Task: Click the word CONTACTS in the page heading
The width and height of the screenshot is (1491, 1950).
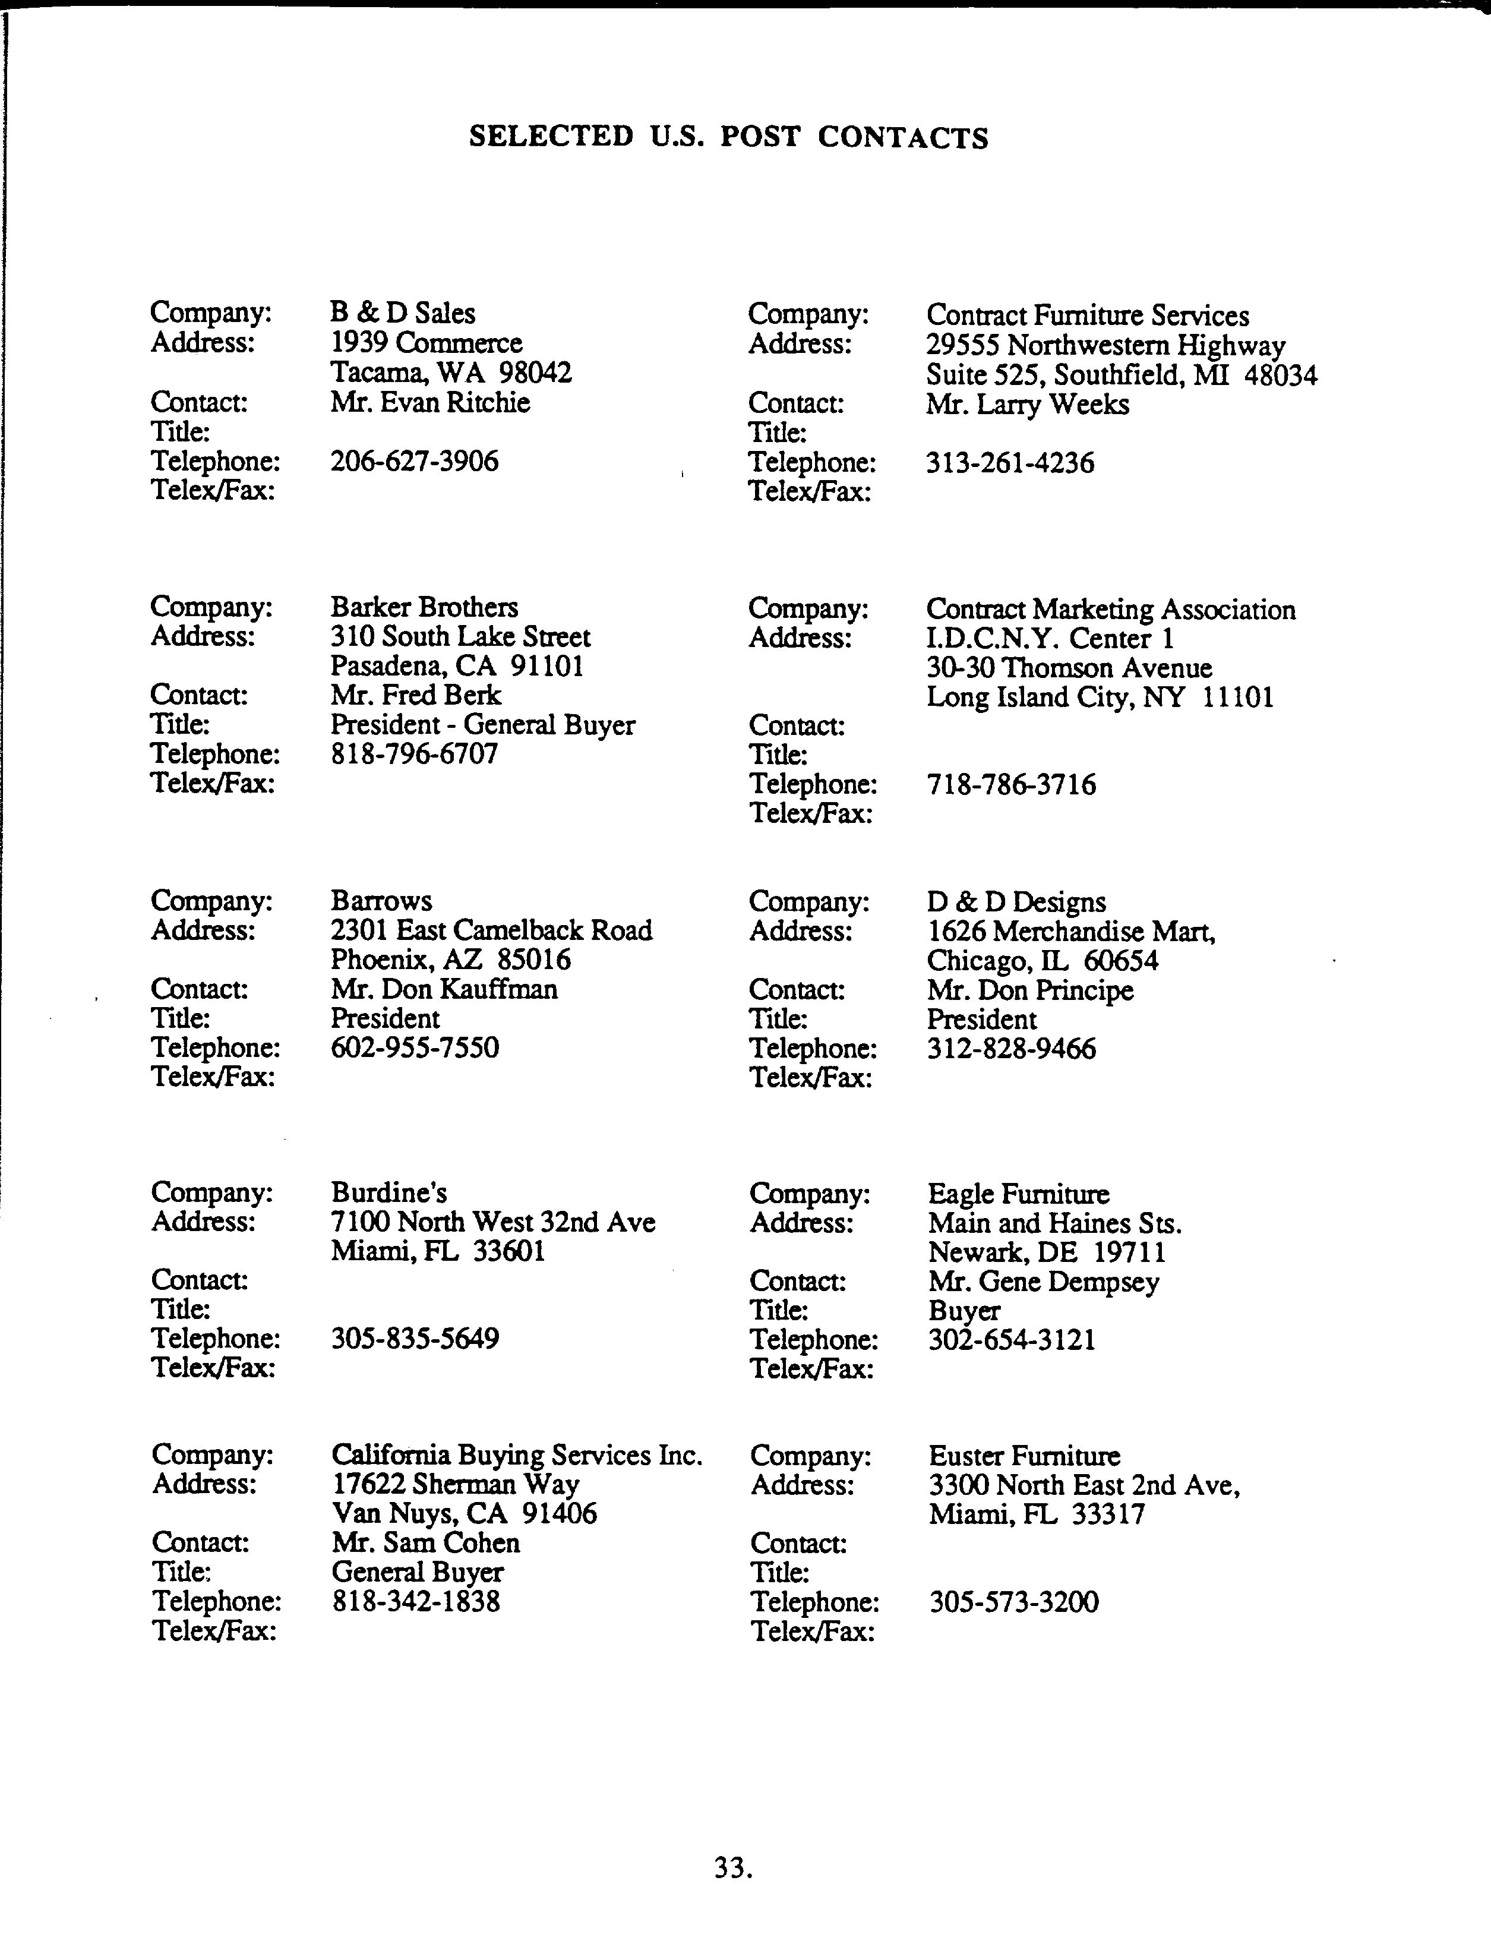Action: pos(902,138)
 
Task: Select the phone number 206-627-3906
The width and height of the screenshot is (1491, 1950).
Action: pos(415,462)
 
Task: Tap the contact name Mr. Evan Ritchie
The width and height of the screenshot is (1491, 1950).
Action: pos(431,403)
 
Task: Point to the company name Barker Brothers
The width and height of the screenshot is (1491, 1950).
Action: pos(424,607)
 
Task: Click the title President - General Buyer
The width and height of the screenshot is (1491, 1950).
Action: pos(483,725)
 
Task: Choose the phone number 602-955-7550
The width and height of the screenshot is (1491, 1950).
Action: pos(415,1047)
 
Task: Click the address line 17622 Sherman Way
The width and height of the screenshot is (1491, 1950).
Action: pos(455,1484)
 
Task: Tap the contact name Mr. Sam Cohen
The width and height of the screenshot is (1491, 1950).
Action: pos(426,1542)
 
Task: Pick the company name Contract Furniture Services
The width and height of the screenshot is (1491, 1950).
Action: pos(1087,316)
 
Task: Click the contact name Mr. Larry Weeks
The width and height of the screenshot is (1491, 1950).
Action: pos(1027,405)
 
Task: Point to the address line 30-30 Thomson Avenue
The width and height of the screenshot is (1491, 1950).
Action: pos(1069,668)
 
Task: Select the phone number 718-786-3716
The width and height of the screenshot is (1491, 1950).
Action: pos(1011,785)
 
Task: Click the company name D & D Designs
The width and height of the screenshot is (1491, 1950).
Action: pos(1016,903)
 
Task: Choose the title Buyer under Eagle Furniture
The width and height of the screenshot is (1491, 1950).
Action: pos(964,1311)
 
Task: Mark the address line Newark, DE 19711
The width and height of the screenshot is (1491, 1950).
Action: pos(1046,1252)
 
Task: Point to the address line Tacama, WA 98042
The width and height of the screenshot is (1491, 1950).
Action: pos(451,373)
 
